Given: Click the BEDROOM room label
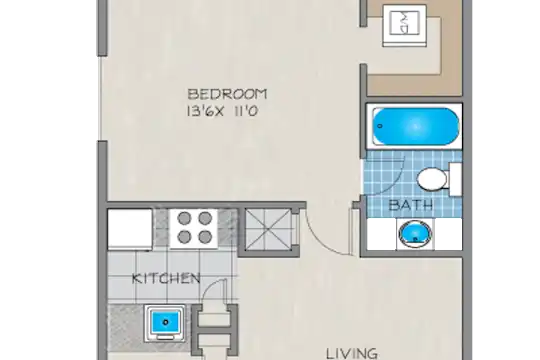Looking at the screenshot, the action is point(227,94).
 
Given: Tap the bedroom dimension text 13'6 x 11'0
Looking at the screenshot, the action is point(222,112).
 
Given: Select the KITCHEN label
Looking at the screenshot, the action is point(166,278).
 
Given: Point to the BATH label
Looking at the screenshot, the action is point(411,205).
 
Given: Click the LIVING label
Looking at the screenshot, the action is point(352,354).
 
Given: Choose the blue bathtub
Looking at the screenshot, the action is point(416,126).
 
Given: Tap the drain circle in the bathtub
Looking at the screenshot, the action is point(380,126).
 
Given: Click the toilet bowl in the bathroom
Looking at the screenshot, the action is point(432,179).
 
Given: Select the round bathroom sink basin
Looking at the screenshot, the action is point(415,234).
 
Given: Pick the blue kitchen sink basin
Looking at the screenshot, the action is point(165,322).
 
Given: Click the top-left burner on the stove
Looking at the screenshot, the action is point(185,218).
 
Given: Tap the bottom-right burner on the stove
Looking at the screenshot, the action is point(205,237).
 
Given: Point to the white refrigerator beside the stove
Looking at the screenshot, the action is point(130,229).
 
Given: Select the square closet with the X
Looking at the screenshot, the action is point(268,229).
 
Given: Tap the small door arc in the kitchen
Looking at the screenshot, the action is point(211,288).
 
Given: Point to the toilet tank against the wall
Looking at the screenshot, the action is point(455,179).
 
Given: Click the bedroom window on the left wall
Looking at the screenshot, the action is point(100,99).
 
